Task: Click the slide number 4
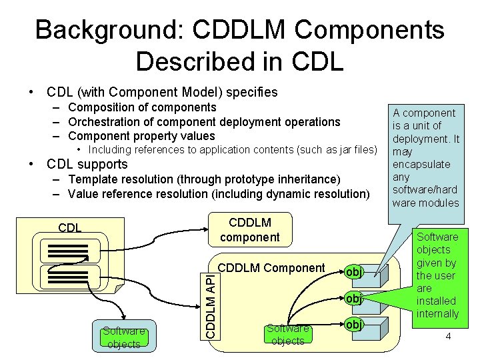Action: point(448,336)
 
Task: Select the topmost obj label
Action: point(354,272)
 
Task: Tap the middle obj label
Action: point(354,299)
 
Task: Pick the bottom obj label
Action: point(354,325)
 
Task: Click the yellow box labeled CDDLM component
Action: point(249,229)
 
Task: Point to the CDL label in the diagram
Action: point(70,227)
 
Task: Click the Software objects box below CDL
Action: point(124,337)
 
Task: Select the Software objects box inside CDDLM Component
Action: point(288,335)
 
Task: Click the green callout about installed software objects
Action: point(437,275)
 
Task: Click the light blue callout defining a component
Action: point(426,158)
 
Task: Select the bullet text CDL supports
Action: point(87,164)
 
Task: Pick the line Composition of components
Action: point(142,107)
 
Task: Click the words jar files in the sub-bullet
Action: point(353,150)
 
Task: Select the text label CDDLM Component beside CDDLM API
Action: point(271,268)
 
